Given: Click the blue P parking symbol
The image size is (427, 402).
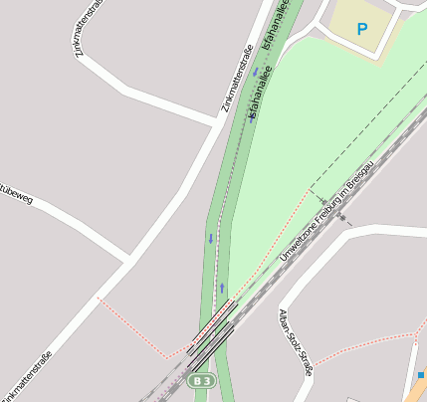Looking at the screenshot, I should pos(361,30).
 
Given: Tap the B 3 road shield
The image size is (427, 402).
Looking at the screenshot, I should pos(201,381).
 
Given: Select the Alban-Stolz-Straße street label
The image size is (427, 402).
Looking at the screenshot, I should pos(297,341).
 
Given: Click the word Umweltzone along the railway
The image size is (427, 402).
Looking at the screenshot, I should pos(299,240).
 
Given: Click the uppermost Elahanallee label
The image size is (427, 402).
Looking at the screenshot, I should pos(275,25).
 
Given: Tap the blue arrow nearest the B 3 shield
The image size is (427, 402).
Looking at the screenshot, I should pos(222,288).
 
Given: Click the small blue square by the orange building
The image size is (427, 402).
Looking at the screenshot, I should pos(422,374).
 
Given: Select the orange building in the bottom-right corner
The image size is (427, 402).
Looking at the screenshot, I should pos(416,391).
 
